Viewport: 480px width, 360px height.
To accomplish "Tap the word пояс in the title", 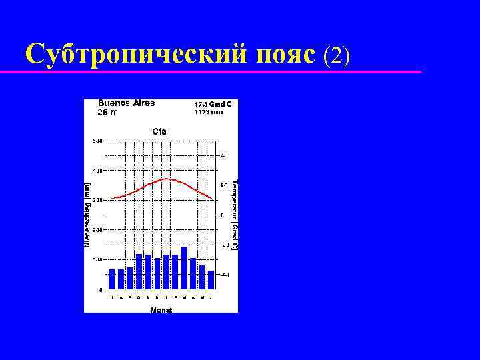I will pos(285,54).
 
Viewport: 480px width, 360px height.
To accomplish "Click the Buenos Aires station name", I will pos(127,103).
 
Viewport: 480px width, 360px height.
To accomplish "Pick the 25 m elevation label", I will pos(108,113).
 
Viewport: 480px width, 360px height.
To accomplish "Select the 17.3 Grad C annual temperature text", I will pos(213,104).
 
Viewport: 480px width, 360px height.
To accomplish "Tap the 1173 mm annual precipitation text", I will pos(209,112).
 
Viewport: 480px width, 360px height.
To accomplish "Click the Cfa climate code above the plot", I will pos(160,131).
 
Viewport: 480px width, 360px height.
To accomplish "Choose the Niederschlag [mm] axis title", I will pos(87,211).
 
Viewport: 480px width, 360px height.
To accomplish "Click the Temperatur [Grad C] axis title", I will pos(235,215).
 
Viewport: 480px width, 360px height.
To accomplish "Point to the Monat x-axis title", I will pos(161,310).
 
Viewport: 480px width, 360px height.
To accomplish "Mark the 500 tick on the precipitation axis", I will pos(97,141).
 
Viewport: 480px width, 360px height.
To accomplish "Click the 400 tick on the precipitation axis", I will pos(97,170).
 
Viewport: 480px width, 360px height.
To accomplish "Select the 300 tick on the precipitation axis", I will pos(97,200).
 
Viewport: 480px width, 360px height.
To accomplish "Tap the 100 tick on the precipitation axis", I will pos(97,259).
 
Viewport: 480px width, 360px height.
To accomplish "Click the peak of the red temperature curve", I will pos(166,179).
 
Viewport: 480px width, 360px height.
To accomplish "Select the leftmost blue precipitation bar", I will pos(112,279).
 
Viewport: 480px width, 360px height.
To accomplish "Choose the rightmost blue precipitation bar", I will pos(211,280).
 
